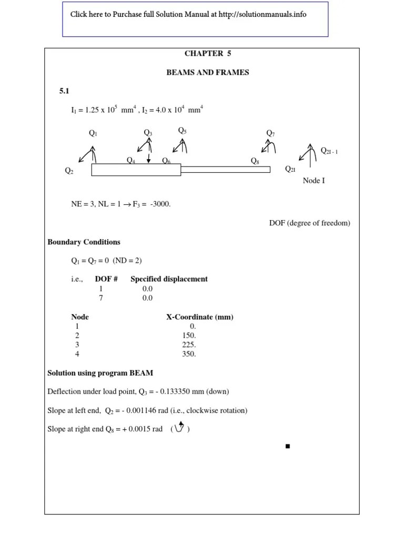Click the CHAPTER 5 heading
coord(207,54)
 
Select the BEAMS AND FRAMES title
coord(207,73)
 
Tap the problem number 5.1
coord(64,91)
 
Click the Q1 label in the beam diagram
coord(93,133)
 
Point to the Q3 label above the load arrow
coord(148,133)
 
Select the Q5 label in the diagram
coord(182,130)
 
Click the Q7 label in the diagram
coord(270,133)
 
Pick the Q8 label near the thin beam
coord(255,161)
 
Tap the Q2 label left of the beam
coord(69,171)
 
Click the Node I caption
coord(314,181)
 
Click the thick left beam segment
coord(136,170)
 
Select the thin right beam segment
coord(225,169)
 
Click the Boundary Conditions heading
coord(84,242)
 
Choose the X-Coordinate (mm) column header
coord(200,317)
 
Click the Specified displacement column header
coord(169,279)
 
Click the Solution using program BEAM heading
coord(100,373)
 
